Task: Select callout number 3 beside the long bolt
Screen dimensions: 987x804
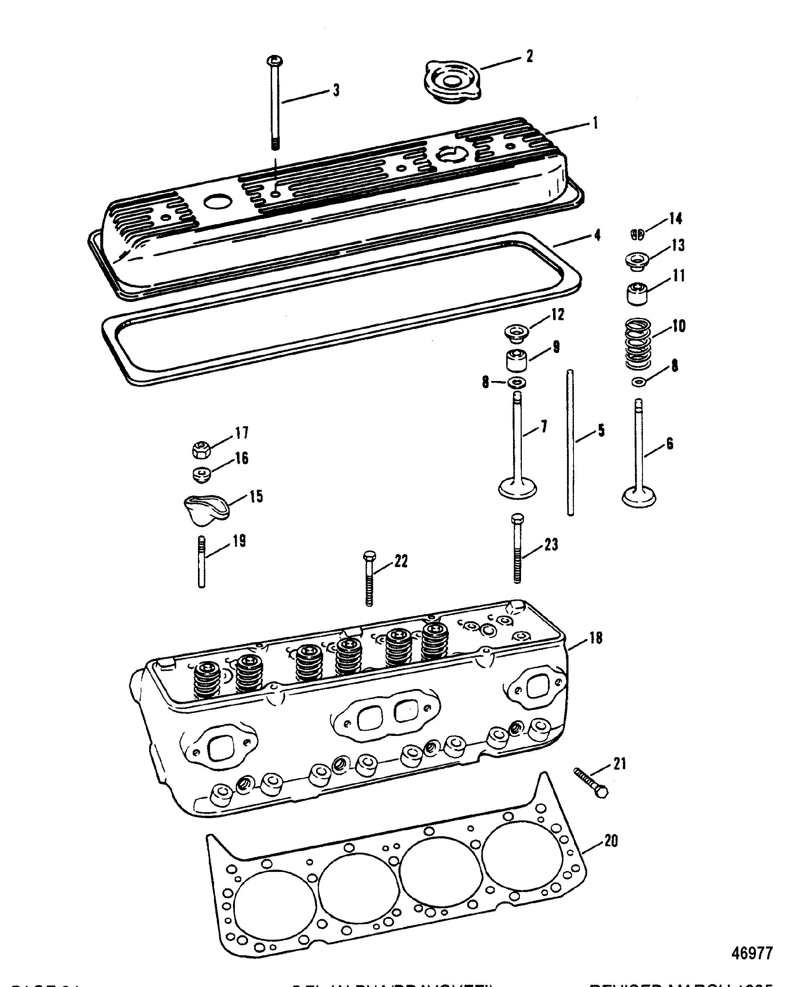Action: (x=336, y=90)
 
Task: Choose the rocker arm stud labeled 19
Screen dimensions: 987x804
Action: (x=202, y=561)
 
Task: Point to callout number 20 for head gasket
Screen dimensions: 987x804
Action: (x=611, y=841)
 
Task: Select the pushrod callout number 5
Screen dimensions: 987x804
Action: (x=601, y=430)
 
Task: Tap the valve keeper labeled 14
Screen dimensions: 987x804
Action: (x=638, y=235)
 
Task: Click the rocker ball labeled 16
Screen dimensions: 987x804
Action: (x=202, y=474)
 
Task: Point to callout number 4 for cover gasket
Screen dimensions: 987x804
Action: (x=597, y=235)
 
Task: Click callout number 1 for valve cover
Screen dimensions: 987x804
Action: (x=595, y=123)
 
